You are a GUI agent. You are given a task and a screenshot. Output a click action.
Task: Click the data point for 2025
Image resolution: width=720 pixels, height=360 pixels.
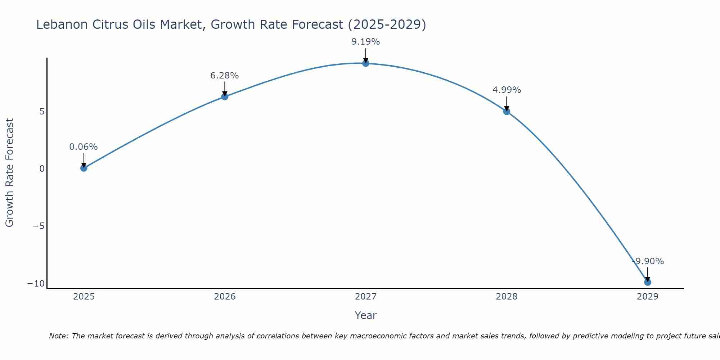tap(84, 168)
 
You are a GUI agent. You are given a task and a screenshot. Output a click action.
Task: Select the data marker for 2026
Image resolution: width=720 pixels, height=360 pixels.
tap(225, 96)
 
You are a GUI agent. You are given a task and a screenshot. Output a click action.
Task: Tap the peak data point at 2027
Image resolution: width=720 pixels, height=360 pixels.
tap(366, 63)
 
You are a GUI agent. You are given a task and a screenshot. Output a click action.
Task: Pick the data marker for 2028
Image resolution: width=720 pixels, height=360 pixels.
tap(507, 112)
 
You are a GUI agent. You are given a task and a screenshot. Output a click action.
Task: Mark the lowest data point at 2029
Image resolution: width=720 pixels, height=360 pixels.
tap(648, 282)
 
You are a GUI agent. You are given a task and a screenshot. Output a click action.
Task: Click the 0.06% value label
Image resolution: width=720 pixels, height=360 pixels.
tap(84, 147)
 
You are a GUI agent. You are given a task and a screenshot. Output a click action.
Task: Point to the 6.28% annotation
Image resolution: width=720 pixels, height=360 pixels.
tap(225, 76)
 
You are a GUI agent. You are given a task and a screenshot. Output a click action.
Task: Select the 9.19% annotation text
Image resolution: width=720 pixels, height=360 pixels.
tap(366, 42)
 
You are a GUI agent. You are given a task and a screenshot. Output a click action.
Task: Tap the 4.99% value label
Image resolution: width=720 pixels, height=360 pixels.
tap(507, 90)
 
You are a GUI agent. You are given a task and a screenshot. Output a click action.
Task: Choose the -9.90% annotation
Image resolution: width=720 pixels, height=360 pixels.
tap(648, 261)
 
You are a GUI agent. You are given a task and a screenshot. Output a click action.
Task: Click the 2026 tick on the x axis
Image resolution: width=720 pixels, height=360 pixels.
tap(225, 297)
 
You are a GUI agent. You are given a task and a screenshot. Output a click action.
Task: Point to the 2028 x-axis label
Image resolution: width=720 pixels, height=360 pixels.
tap(507, 297)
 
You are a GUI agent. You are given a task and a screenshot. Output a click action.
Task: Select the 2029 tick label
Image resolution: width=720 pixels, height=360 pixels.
tap(648, 297)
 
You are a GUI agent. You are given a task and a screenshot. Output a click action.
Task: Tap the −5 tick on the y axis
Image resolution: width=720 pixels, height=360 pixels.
tap(39, 226)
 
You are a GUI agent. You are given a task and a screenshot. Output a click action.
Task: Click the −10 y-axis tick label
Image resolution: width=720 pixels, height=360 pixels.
tap(36, 284)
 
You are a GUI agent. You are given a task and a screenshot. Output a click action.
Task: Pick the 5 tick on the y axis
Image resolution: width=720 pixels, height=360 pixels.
tap(42, 112)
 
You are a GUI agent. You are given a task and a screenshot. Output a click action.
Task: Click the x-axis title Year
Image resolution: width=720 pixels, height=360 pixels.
tap(366, 315)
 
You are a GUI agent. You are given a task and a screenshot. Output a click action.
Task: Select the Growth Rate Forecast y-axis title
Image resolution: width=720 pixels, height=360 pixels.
tap(9, 173)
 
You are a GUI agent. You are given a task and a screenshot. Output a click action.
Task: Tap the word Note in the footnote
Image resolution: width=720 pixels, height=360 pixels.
tap(58, 336)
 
